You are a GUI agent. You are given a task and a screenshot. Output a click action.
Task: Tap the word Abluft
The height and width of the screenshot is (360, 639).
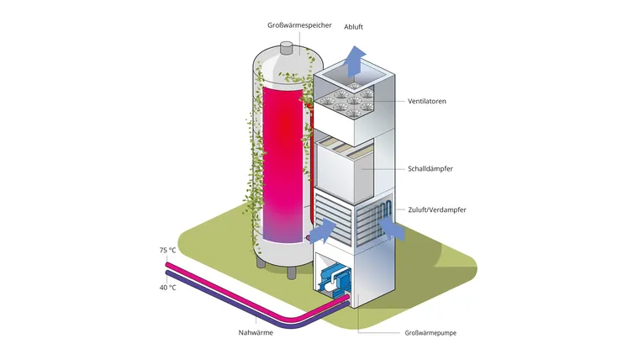coord(354,26)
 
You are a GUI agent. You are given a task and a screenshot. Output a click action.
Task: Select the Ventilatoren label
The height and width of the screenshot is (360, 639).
coord(426,102)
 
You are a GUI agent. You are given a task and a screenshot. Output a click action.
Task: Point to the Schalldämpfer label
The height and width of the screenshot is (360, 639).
coord(430,169)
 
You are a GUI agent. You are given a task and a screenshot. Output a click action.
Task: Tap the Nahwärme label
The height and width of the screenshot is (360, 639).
coord(256,333)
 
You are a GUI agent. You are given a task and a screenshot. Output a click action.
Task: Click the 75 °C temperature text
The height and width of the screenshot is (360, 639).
coord(167,251)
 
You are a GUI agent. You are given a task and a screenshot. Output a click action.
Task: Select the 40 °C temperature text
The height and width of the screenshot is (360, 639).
coord(167,288)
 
